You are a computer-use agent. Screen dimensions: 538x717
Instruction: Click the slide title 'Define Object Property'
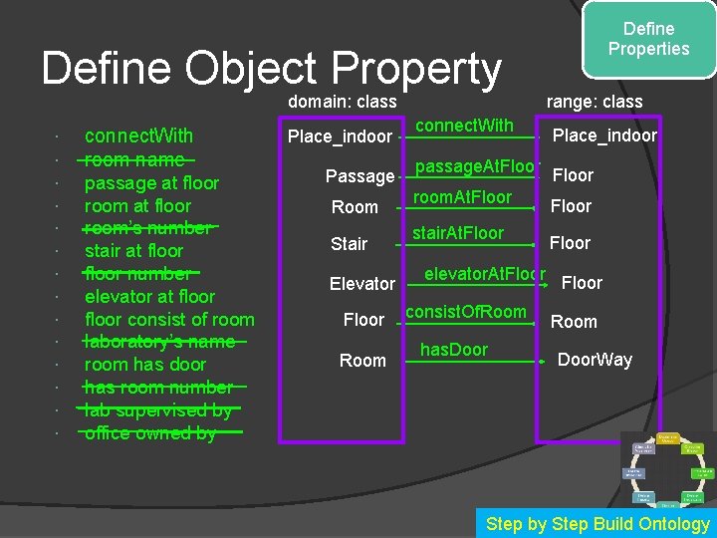coord(271,69)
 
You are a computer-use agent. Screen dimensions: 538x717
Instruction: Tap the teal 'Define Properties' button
coord(648,39)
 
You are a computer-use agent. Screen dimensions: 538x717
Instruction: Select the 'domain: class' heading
coord(343,102)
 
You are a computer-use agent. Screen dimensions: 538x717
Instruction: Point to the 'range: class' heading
coord(595,102)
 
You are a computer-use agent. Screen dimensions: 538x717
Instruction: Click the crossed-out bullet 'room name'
coord(134,159)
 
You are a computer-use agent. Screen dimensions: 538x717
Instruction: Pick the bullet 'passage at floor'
coord(151,182)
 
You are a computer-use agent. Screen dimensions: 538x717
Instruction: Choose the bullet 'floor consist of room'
coord(169,319)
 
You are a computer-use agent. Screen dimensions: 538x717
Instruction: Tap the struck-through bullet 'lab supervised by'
coord(158,409)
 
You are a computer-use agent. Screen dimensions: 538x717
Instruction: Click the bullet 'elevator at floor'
coord(149,296)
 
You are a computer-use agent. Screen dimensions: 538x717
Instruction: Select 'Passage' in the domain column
coord(359,176)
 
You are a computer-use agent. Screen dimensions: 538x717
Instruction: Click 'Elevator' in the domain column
coord(362,284)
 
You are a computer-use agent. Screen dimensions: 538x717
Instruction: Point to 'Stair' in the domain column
coord(350,243)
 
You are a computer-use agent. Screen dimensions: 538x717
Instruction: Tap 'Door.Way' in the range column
coord(595,360)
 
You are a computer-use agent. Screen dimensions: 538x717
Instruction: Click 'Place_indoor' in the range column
coord(604,135)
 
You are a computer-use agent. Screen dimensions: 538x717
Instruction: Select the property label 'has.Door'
coord(454,349)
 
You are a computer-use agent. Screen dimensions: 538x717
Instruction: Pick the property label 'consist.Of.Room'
coord(466,312)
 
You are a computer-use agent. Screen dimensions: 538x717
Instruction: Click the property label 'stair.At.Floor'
coord(458,233)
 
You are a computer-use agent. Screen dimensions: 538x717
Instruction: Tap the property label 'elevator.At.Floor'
coord(485,272)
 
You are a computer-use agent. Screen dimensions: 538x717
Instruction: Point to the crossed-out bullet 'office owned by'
coord(150,432)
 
